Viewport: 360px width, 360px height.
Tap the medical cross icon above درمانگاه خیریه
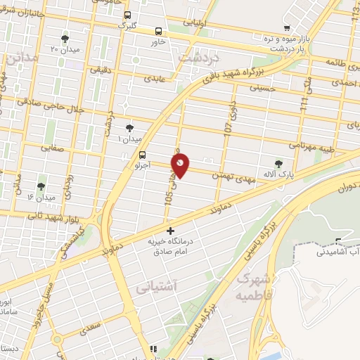point(169,231)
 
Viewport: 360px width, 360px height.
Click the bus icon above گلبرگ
point(127,15)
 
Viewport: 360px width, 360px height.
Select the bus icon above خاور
point(157,31)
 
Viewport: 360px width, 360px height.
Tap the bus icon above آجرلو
point(143,155)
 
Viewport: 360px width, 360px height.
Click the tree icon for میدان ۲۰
point(65,39)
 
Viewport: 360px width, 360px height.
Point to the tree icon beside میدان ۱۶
point(41,186)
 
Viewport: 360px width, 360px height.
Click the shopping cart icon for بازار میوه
point(285,29)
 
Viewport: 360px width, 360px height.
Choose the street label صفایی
point(52,148)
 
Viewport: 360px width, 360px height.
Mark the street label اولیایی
point(195,22)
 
